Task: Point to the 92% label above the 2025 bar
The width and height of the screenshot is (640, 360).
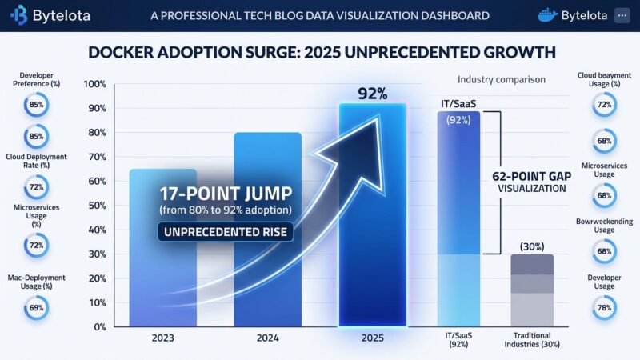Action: pos(372,94)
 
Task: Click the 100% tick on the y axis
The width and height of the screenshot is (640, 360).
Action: pos(94,84)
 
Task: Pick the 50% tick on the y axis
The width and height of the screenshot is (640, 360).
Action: pos(96,206)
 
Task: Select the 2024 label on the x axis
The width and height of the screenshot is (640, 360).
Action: pos(267,338)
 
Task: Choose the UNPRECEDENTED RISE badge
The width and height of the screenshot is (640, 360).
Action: pos(226,234)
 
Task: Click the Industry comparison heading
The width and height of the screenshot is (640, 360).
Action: pos(501,79)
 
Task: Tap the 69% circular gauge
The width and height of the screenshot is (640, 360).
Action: pos(37,307)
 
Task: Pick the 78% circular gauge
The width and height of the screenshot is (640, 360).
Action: pos(604,305)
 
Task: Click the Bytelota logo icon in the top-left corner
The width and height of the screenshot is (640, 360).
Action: pos(20,15)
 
